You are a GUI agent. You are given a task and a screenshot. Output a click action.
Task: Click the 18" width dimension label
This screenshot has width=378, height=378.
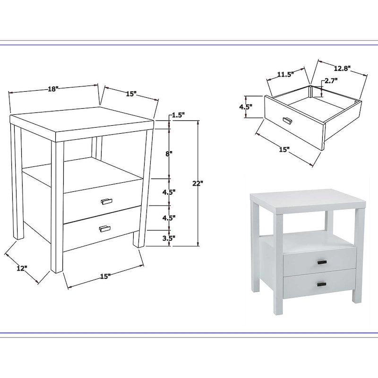pyautogui.click(x=53, y=89)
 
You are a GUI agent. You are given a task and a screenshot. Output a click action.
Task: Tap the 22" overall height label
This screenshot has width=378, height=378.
pyautogui.click(x=198, y=183)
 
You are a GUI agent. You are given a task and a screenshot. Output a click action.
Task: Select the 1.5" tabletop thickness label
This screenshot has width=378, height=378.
pyautogui.click(x=178, y=115)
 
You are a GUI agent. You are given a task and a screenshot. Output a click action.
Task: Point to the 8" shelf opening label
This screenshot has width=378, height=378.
pyautogui.click(x=169, y=154)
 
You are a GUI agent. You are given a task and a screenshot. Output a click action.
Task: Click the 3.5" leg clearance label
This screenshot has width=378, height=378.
pyautogui.click(x=169, y=239)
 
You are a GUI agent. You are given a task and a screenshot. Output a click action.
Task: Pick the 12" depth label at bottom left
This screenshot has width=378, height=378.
pyautogui.click(x=22, y=268)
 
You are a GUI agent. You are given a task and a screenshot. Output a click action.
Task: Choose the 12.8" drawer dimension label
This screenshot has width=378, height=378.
pyautogui.click(x=342, y=69)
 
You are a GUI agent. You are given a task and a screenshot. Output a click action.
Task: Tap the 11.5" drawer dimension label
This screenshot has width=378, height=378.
pyautogui.click(x=285, y=74)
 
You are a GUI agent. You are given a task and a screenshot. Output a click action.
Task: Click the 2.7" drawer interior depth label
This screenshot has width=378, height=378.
pyautogui.click(x=331, y=81)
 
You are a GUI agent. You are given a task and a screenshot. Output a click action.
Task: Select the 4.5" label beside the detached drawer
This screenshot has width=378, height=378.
pyautogui.click(x=246, y=107)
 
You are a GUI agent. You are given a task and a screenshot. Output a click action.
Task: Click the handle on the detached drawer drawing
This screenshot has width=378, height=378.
pyautogui.click(x=287, y=120)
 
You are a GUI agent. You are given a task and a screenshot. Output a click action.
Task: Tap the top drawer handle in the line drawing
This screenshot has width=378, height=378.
pyautogui.click(x=107, y=201)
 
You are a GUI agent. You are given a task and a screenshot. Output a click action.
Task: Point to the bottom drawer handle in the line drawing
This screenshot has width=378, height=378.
pyautogui.click(x=105, y=229)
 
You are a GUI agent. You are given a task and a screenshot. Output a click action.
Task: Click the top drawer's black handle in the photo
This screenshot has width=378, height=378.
pyautogui.click(x=322, y=262)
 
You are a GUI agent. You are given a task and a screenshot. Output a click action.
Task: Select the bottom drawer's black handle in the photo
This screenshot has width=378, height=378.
pyautogui.click(x=322, y=284)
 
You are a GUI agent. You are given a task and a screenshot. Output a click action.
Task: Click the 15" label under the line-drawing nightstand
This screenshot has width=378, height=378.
pyautogui.click(x=105, y=276)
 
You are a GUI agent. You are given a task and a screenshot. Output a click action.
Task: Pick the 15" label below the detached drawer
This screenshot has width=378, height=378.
pyautogui.click(x=284, y=150)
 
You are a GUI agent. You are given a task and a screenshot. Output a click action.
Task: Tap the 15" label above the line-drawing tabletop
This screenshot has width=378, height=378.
pyautogui.click(x=131, y=94)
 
